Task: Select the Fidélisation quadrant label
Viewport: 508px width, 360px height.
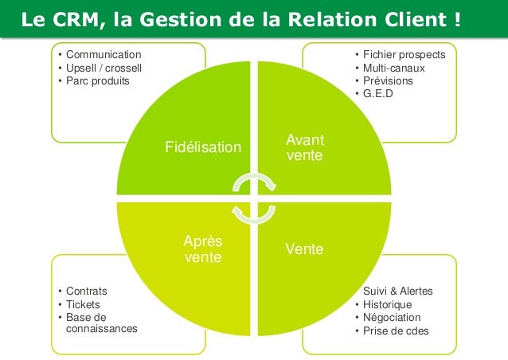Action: coord(202,147)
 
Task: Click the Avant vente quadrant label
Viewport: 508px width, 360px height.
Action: coord(305,147)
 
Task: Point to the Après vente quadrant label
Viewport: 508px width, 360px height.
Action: coord(203,249)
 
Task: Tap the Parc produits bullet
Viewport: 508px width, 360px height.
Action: coord(96,80)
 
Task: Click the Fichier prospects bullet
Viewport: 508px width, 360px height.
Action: coord(404,55)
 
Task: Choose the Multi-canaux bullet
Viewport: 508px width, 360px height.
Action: coord(393,68)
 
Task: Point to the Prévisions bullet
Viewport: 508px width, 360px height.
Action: coord(388,80)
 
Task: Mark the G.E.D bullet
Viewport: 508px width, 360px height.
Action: coord(378,93)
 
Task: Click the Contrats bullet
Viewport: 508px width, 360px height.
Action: coord(87,292)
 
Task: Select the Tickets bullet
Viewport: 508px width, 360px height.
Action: coord(84,304)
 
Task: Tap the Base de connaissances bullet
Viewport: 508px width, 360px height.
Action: coord(100,323)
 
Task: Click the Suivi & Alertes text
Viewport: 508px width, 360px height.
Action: coord(397,292)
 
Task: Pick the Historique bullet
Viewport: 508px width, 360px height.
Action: coord(387,304)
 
